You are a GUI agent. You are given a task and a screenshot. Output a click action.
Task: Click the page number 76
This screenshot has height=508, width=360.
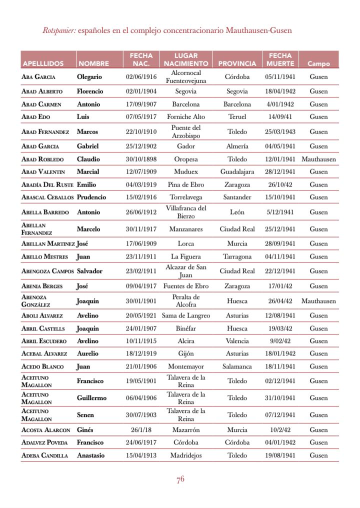[180, 479]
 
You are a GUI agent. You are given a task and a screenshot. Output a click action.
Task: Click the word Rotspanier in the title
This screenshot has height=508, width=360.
[59, 30]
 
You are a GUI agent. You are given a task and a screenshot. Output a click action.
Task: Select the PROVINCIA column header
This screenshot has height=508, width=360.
[237, 64]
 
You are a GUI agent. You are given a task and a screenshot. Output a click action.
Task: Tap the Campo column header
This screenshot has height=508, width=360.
[318, 64]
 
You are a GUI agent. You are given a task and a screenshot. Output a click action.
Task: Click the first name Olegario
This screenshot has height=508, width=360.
[89, 77]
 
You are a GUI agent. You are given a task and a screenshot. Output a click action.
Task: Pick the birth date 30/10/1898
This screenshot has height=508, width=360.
[141, 159]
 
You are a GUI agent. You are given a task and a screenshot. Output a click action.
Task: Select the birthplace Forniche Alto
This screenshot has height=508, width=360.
[186, 116]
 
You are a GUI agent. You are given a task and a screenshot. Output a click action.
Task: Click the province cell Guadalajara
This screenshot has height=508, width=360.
[237, 171]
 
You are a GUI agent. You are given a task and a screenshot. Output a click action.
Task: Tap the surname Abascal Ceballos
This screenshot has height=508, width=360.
[47, 197]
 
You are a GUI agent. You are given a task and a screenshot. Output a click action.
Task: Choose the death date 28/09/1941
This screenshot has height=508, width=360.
[280, 243]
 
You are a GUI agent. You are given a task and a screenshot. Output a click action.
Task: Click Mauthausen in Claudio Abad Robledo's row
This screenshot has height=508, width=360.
[318, 159]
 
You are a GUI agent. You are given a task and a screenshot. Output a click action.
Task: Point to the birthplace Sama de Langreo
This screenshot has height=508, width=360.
[186, 315]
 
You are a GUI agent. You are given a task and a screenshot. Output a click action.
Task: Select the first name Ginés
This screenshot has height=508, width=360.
[85, 429]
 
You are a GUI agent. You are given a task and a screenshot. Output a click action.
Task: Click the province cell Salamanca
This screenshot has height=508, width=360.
[237, 366]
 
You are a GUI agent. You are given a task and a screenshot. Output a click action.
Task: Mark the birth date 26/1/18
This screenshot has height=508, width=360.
[141, 429]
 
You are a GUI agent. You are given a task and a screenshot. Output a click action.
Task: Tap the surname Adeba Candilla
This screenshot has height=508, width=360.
[44, 455]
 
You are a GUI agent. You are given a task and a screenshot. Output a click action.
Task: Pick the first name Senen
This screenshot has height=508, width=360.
[85, 415]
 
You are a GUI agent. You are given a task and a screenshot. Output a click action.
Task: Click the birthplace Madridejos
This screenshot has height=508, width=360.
[186, 455]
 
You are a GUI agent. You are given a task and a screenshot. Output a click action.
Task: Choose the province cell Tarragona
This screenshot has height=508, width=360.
[237, 256]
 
